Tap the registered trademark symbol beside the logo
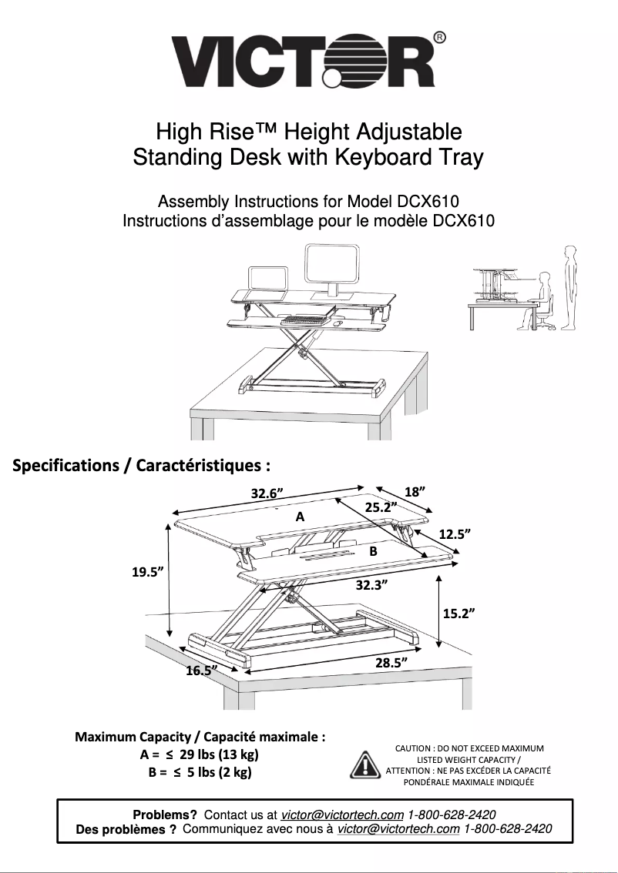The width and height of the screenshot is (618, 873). click(x=438, y=38)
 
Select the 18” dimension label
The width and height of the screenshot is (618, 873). click(x=416, y=491)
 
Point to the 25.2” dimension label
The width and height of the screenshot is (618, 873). click(x=381, y=507)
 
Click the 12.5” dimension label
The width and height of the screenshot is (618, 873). click(x=455, y=533)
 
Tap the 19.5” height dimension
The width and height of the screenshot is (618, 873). click(x=144, y=571)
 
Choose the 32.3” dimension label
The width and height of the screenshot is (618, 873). click(x=371, y=585)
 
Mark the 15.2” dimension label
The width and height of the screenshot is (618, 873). click(x=458, y=613)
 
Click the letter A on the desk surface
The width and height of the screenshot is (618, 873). click(x=300, y=517)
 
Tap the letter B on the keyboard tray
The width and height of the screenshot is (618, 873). click(x=372, y=551)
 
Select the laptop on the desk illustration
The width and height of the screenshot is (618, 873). click(x=267, y=279)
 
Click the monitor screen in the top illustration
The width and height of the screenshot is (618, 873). click(x=332, y=264)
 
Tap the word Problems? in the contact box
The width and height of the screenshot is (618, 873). click(x=165, y=814)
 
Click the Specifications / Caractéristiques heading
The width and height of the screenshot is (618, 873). click(x=142, y=466)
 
